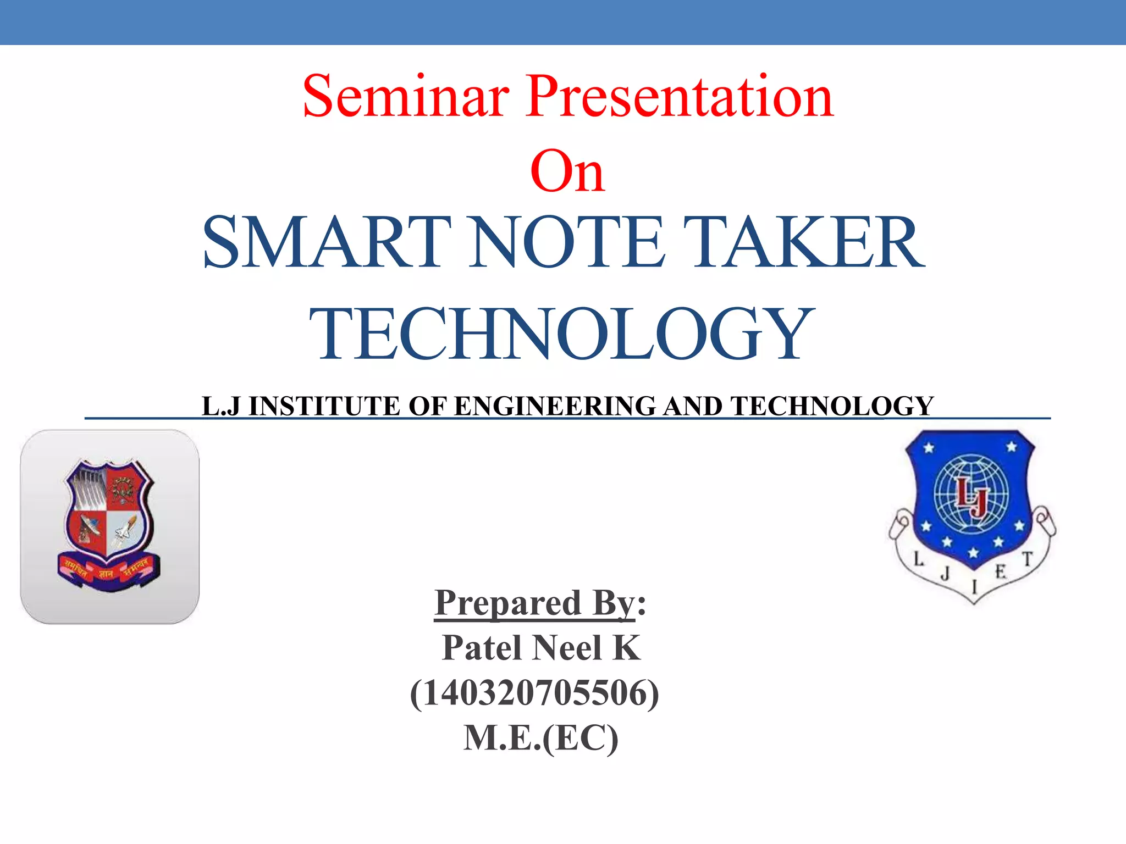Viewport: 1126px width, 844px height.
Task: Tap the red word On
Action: click(x=567, y=171)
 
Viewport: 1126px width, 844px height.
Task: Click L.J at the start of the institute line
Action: click(x=221, y=407)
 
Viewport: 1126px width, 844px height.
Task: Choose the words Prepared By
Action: click(x=534, y=603)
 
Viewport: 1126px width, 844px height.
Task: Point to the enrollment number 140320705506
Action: click(x=534, y=693)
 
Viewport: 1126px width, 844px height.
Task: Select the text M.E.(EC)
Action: click(x=541, y=738)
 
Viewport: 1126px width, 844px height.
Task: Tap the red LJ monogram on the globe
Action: click(x=972, y=498)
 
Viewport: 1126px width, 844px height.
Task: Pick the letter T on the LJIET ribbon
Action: click(x=1027, y=559)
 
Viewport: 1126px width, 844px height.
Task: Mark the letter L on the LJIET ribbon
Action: click(x=918, y=559)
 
